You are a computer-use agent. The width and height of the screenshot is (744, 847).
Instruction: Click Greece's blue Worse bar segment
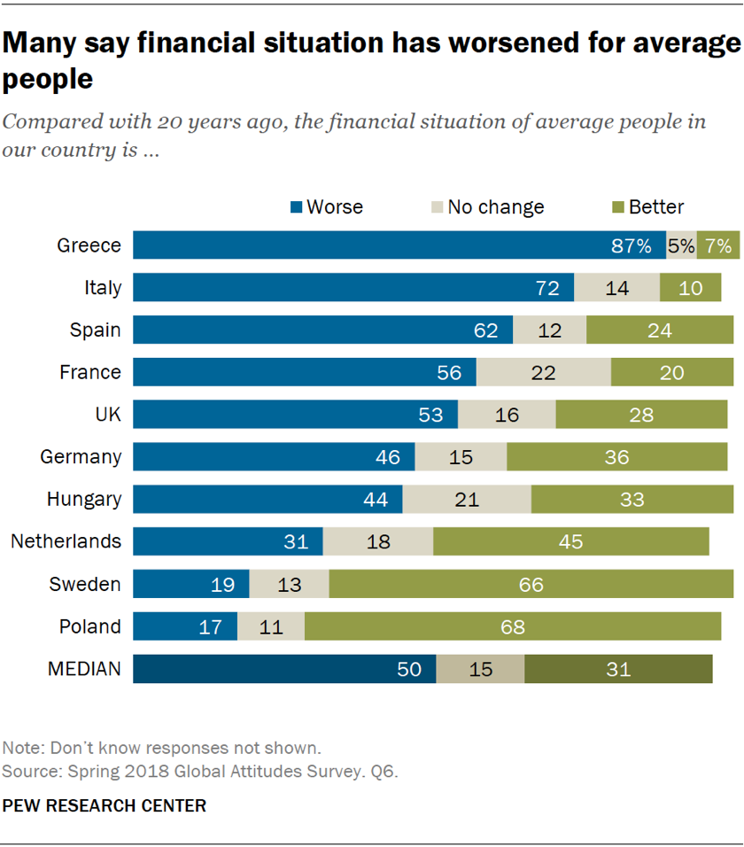(399, 245)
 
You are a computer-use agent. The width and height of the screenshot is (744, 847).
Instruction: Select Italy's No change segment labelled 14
(616, 288)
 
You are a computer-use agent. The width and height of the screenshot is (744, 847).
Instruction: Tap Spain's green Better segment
(659, 330)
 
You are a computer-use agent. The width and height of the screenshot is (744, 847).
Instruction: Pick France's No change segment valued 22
(543, 372)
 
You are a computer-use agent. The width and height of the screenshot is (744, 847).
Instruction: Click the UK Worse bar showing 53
(295, 415)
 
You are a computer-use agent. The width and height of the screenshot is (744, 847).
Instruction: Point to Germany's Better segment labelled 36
(616, 457)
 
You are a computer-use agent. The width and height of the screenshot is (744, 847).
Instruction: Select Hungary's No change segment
(467, 499)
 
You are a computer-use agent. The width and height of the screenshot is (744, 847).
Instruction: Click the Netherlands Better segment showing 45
(571, 541)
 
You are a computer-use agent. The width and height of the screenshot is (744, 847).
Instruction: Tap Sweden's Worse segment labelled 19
(191, 584)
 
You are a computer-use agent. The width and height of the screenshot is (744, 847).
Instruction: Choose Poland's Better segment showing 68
(512, 626)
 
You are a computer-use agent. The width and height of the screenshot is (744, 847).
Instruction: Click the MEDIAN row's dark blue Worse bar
(284, 669)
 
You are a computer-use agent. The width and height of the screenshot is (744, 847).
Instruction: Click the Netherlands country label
(66, 541)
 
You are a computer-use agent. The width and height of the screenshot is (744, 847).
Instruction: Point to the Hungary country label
(84, 499)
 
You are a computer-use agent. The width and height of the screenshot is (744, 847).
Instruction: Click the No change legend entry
(486, 207)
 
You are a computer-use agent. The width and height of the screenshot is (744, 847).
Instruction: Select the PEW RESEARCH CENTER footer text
(105, 805)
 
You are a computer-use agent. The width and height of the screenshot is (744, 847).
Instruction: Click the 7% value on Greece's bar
(718, 245)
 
